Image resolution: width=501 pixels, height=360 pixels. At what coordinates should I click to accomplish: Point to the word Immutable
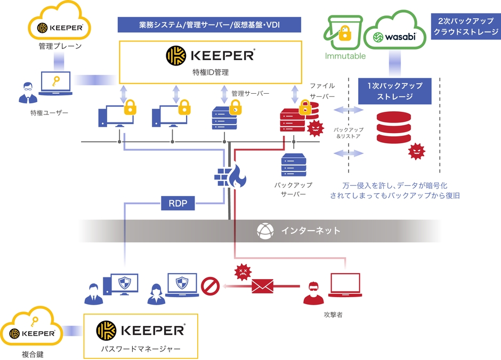tap(345, 55)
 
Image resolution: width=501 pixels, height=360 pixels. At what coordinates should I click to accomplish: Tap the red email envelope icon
tap(262, 287)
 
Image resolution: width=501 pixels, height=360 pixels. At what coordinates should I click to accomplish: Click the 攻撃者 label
tap(333, 315)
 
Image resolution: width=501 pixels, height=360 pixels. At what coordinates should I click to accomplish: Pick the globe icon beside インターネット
tap(265, 231)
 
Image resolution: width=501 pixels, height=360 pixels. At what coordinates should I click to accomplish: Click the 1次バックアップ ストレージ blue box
tap(394, 91)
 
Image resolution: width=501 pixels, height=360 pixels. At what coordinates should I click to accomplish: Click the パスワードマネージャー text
tap(141, 349)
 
